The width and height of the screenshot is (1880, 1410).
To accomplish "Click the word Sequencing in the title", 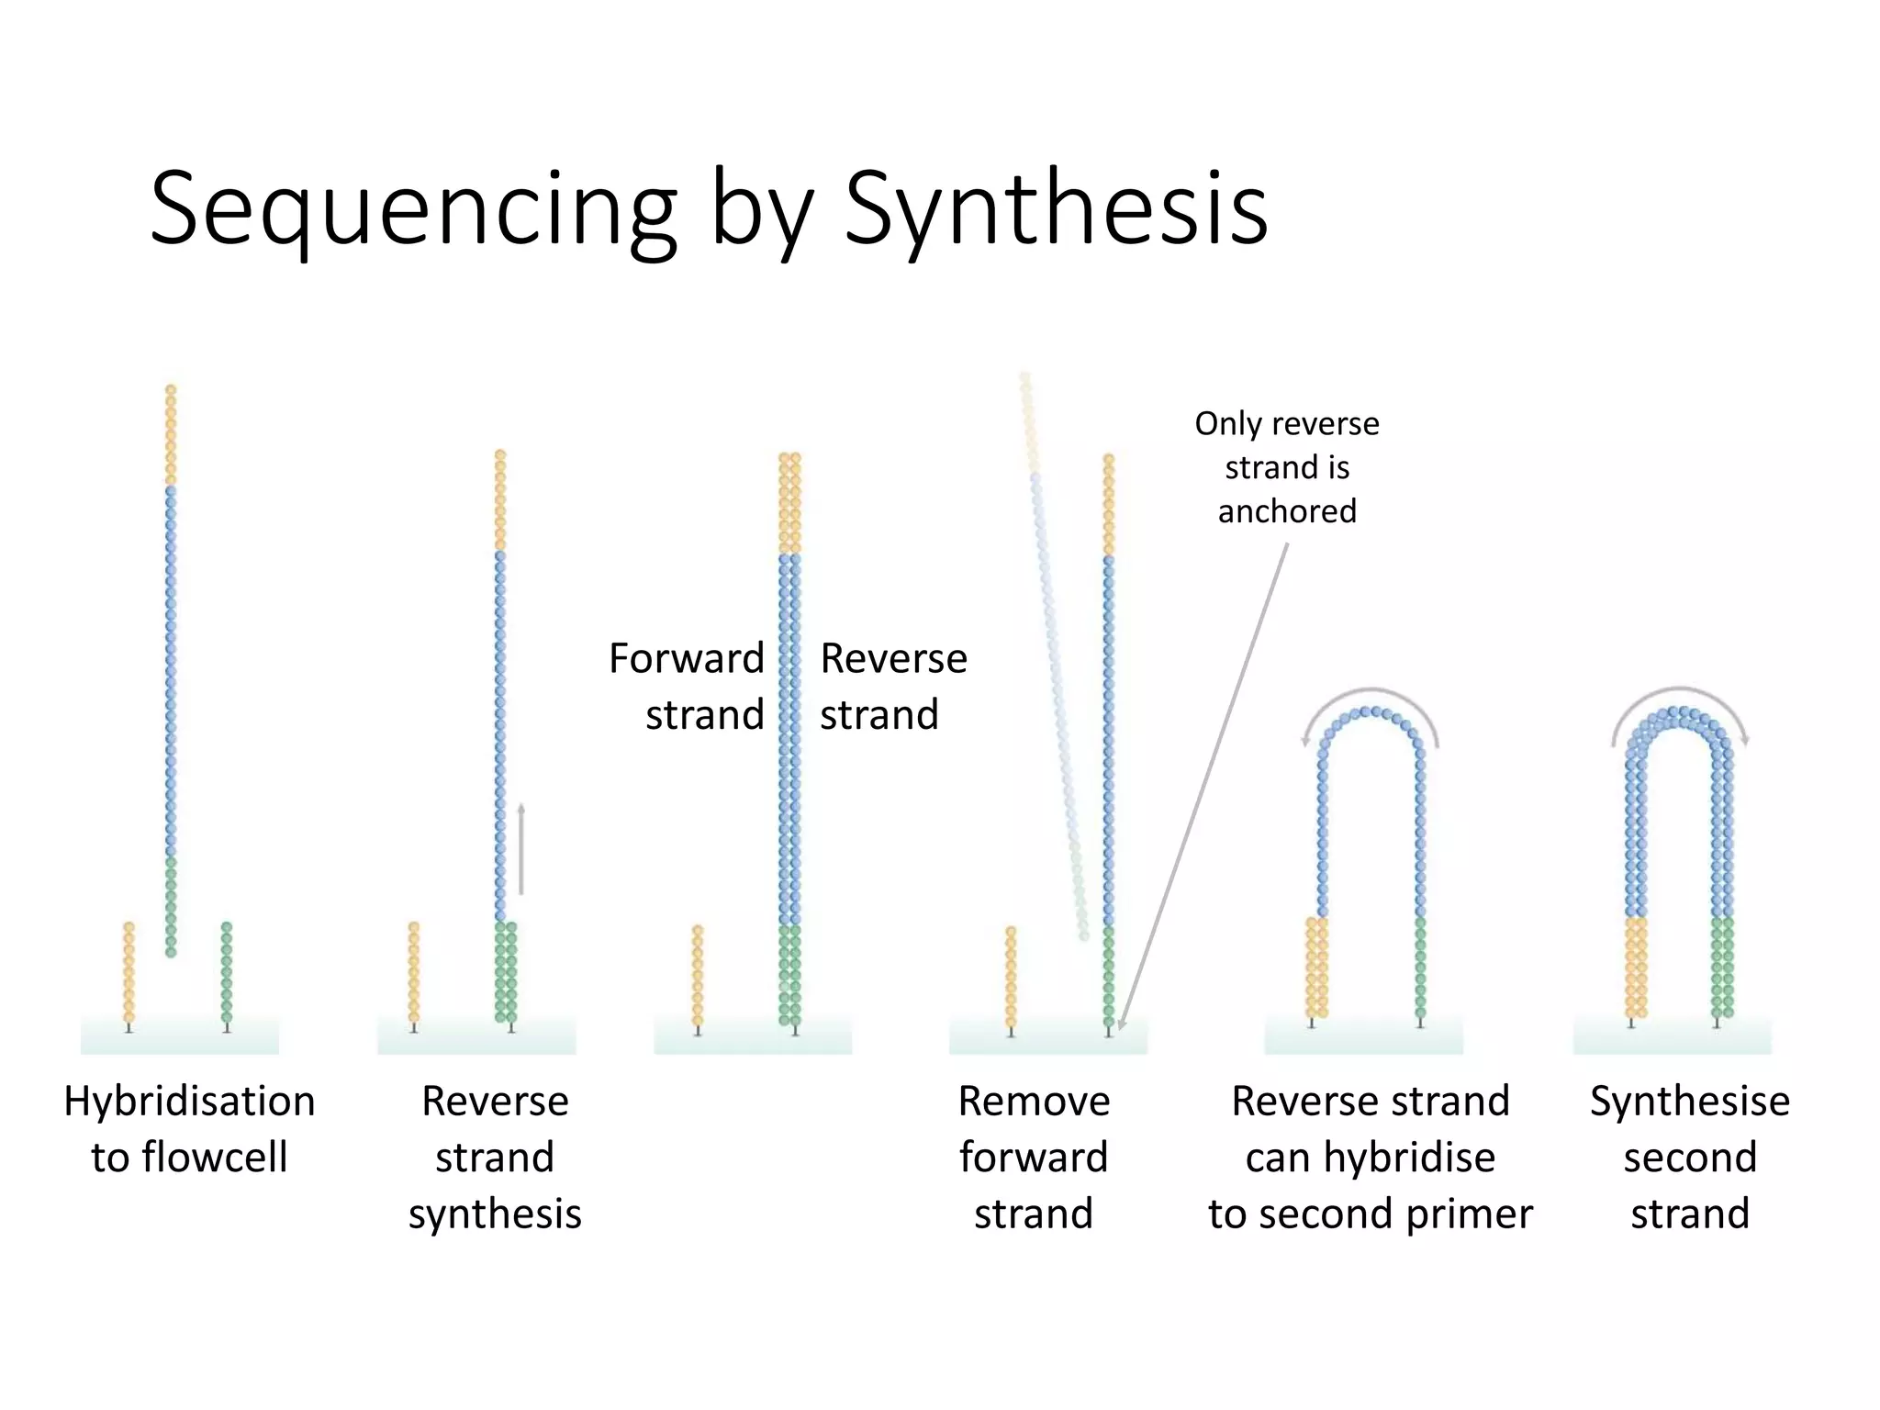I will click(413, 209).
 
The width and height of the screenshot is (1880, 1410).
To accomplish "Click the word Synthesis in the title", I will click(1056, 209).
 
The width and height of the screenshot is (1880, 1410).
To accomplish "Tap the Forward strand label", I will click(687, 686).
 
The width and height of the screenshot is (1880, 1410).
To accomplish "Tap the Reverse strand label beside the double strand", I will click(892, 686).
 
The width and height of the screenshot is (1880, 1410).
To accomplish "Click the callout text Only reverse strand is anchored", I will click(1287, 467).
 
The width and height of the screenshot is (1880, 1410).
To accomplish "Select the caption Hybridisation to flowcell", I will click(189, 1128).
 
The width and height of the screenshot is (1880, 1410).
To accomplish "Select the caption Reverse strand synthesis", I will click(495, 1156).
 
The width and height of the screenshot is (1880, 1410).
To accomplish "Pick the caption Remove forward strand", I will click(1034, 1156).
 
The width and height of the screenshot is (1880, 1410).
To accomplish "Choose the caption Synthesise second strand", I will click(1689, 1156).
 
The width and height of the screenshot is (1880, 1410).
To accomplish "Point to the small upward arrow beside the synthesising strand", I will click(521, 849).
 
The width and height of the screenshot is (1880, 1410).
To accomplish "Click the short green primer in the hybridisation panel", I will click(227, 973).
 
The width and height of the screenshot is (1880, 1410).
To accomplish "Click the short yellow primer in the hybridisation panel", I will click(129, 973).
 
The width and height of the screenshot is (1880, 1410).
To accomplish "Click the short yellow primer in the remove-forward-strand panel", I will click(1011, 978).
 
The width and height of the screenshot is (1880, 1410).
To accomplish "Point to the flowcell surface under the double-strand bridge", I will click(1673, 1037).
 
